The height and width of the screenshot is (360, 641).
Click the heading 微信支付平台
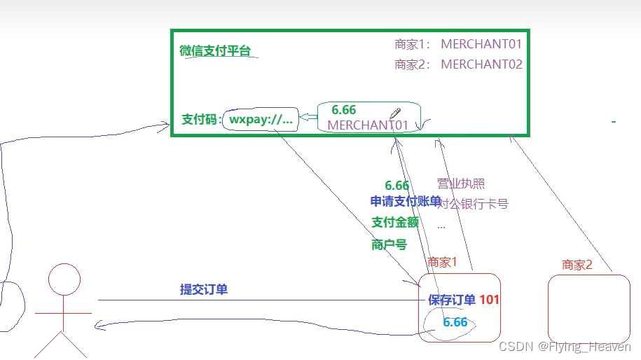pyautogui.click(x=214, y=50)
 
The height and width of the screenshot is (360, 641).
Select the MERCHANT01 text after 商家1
pyautogui.click(x=481, y=44)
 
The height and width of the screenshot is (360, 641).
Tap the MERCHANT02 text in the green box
pyautogui.click(x=481, y=64)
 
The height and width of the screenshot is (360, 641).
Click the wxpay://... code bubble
pyautogui.click(x=260, y=119)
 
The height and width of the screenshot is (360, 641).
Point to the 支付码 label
pyautogui.click(x=201, y=119)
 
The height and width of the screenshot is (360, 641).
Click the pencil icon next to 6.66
pyautogui.click(x=395, y=113)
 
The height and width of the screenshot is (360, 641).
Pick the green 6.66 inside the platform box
pyautogui.click(x=343, y=110)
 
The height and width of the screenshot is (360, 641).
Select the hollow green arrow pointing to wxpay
pyautogui.click(x=308, y=118)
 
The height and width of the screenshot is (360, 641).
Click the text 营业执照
pyautogui.click(x=460, y=184)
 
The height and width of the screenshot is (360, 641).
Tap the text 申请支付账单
pyautogui.click(x=406, y=202)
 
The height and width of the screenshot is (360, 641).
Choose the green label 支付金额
pyautogui.click(x=395, y=223)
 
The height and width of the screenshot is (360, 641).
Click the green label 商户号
pyautogui.click(x=389, y=244)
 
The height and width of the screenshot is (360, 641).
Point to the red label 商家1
pyautogui.click(x=442, y=263)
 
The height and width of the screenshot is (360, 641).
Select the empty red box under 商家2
pyautogui.click(x=588, y=308)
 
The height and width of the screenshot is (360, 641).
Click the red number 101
pyautogui.click(x=489, y=300)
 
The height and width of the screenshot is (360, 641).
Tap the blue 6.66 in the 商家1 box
pyautogui.click(x=455, y=322)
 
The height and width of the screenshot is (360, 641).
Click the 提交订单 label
pyautogui.click(x=203, y=289)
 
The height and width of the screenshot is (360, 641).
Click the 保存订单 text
pyautogui.click(x=452, y=300)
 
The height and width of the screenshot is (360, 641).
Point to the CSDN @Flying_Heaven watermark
pyautogui.click(x=564, y=347)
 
